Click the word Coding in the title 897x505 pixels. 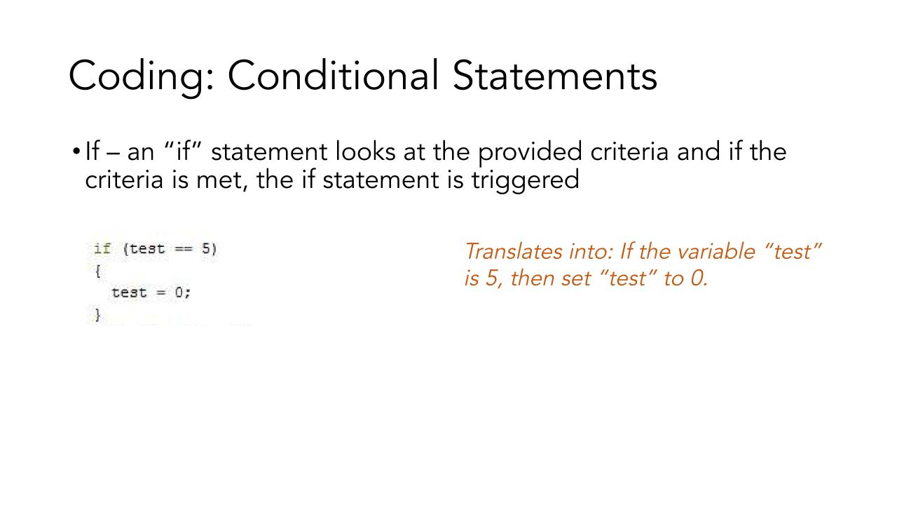[142, 77]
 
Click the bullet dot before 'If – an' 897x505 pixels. [76, 152]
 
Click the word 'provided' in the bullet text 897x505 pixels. [530, 153]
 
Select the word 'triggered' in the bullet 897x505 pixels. [525, 180]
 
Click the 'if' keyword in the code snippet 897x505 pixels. [102, 249]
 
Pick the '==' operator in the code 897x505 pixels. [184, 249]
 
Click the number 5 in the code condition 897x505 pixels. [206, 248]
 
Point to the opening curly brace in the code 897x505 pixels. [97, 271]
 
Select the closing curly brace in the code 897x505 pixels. [97, 315]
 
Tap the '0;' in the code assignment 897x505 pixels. [183, 292]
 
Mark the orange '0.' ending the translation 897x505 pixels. [699, 278]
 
